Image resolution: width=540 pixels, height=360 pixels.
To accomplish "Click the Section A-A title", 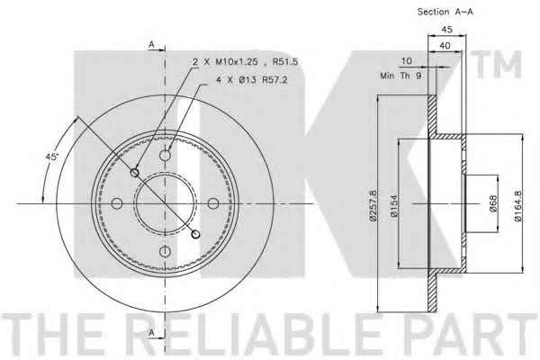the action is (x=445, y=12).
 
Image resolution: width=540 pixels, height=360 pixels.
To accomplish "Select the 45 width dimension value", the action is (x=446, y=30).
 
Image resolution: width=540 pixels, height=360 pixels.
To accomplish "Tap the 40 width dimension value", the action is (x=445, y=46).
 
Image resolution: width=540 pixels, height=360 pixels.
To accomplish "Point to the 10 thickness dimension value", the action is (x=407, y=61).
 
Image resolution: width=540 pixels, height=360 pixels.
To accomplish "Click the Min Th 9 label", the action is (x=400, y=76).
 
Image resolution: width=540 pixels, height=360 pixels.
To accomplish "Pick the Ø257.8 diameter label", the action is (x=373, y=204).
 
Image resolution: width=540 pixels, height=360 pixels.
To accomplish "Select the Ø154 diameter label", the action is (x=394, y=206).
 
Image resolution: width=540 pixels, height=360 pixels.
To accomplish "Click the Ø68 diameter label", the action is (x=493, y=203).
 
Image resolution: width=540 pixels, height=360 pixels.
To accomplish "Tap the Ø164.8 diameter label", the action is (x=517, y=206).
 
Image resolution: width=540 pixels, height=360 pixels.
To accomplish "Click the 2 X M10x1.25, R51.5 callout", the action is (x=245, y=62).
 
